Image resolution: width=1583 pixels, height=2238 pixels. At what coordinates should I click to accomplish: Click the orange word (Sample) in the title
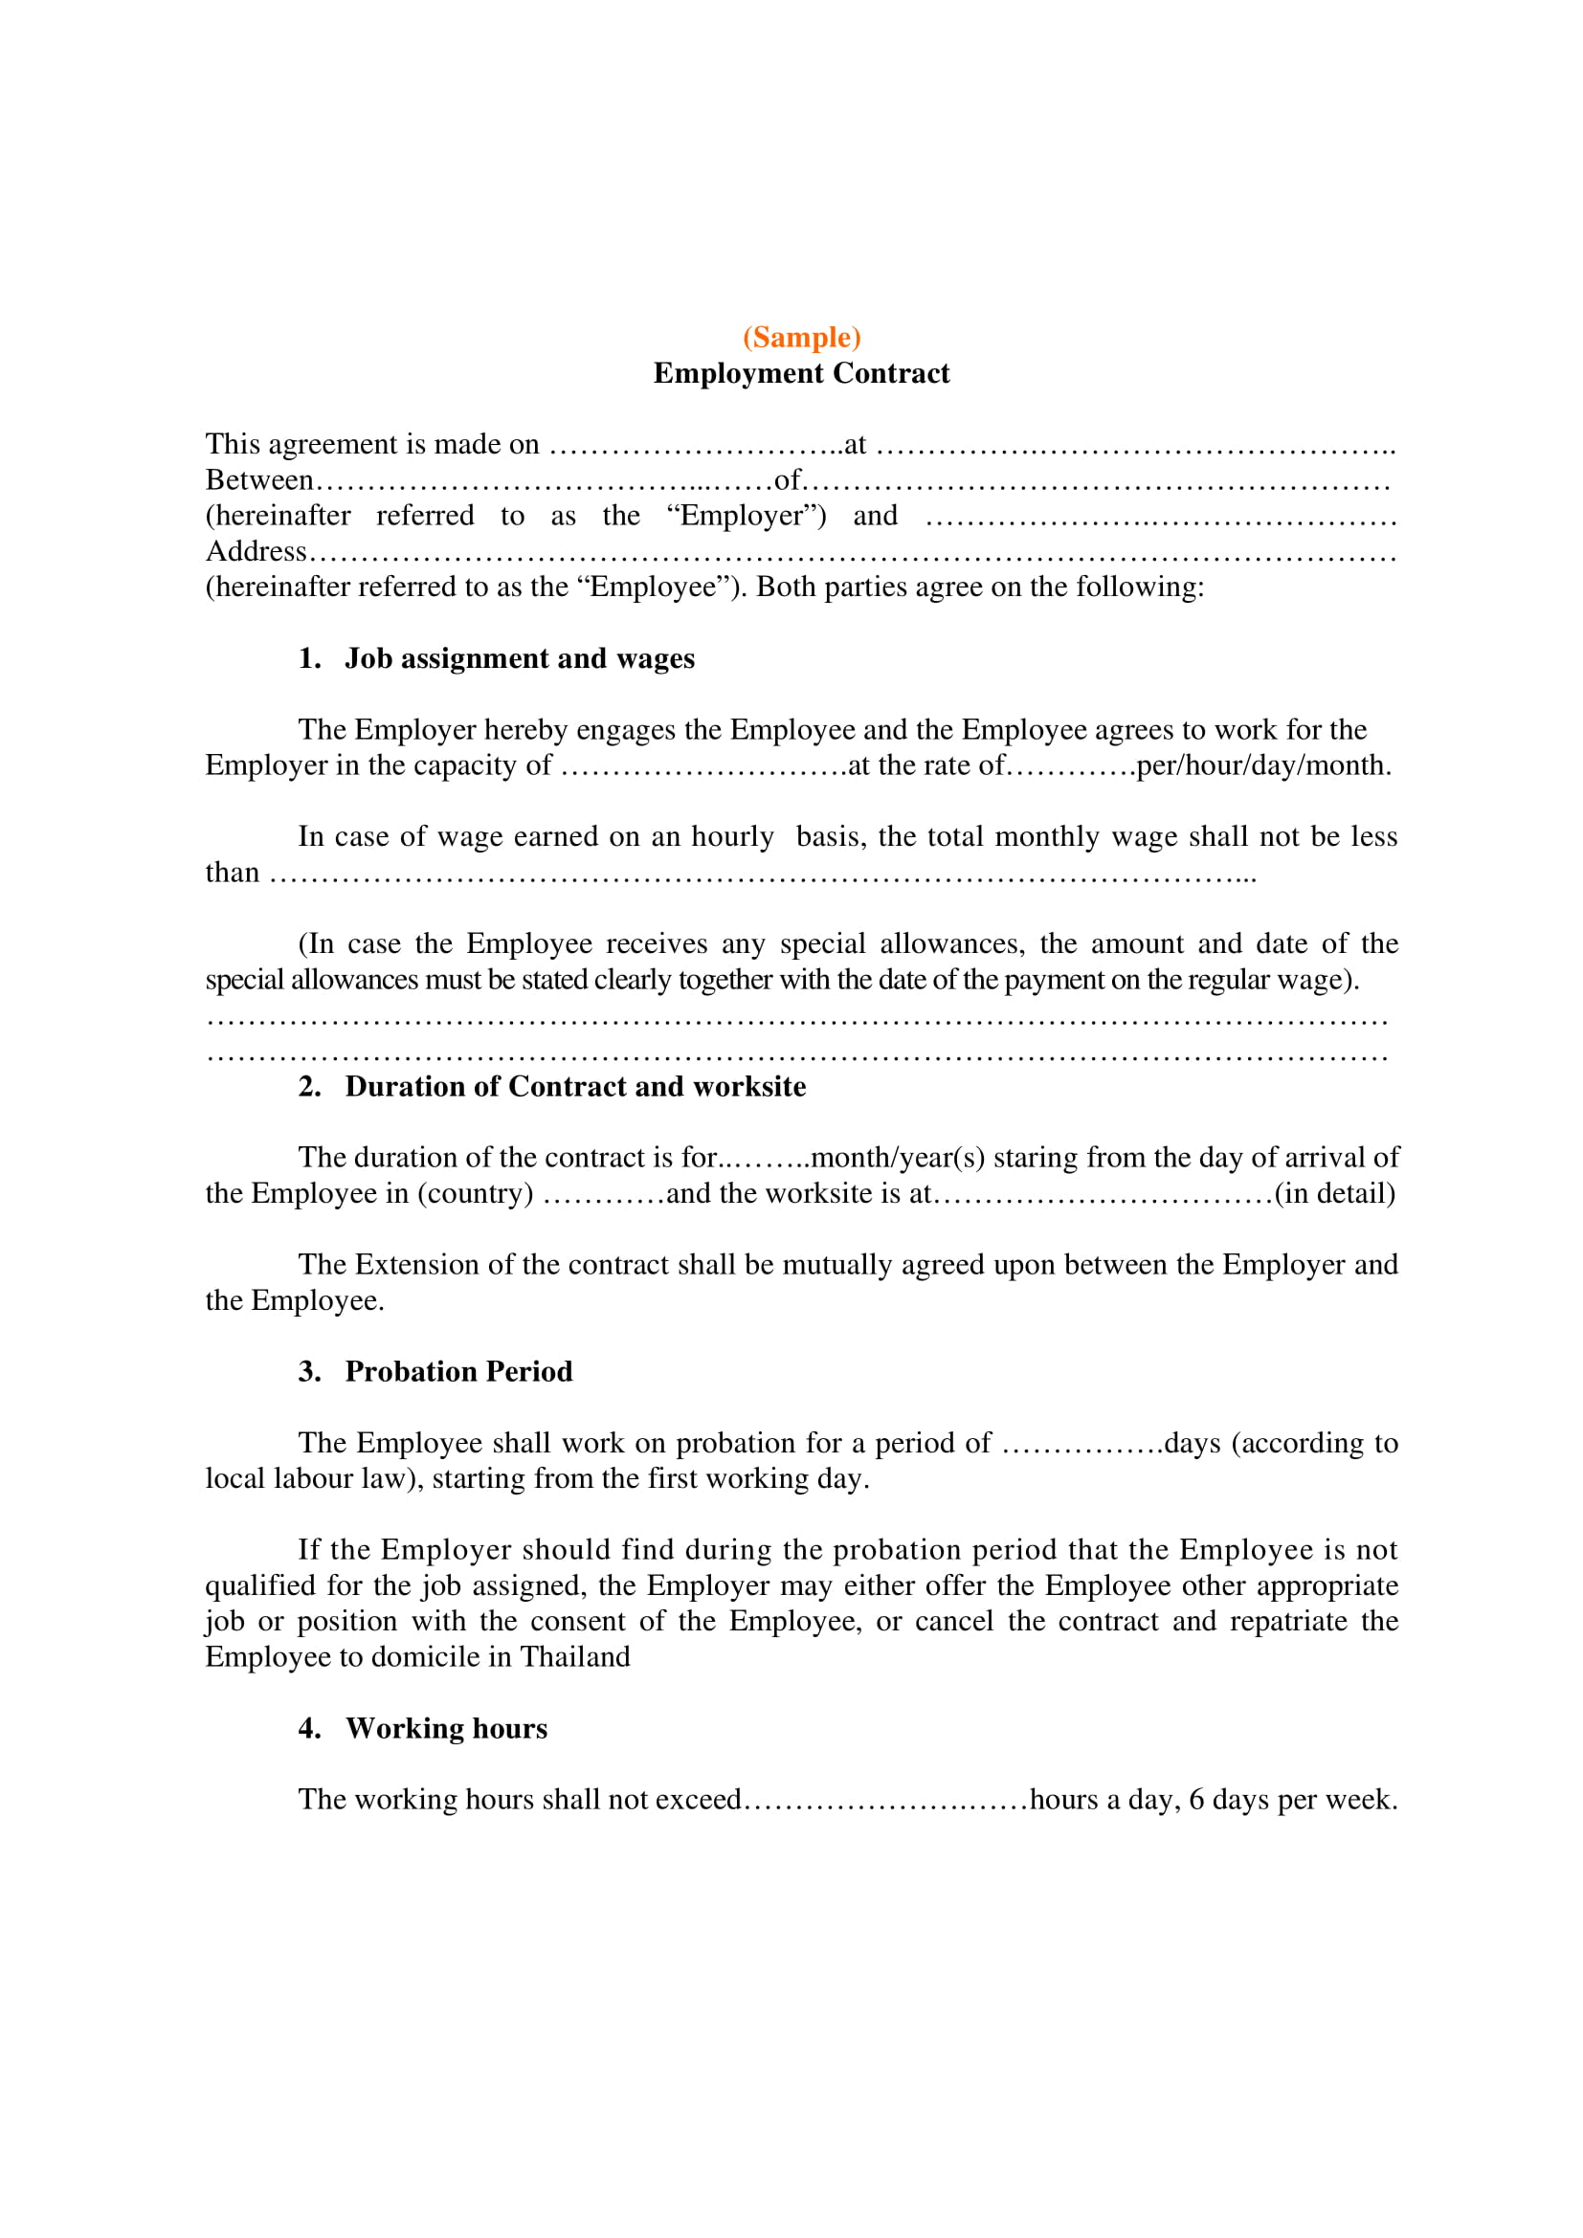[801, 337]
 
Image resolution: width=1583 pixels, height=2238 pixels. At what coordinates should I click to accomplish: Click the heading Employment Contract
[801, 373]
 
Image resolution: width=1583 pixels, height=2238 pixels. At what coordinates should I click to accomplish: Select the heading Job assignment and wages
[520, 659]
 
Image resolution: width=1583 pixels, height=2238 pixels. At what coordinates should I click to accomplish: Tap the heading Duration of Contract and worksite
[575, 1087]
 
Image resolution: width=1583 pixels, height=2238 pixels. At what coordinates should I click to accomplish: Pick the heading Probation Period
[458, 1371]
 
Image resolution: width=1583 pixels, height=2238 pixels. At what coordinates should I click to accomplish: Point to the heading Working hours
[446, 1728]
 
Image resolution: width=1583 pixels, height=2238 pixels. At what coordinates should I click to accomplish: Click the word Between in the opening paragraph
[259, 480]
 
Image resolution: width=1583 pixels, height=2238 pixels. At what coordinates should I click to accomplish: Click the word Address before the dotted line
[256, 552]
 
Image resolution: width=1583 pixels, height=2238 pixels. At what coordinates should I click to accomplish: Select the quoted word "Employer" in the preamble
[747, 516]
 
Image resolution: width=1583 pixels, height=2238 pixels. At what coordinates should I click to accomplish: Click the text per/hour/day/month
[1263, 765]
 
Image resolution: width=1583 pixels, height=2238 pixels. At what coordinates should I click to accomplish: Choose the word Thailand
[575, 1657]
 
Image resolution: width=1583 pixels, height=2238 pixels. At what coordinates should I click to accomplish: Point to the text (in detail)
[1335, 1194]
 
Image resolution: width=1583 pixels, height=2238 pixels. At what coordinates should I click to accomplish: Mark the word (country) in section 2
[476, 1194]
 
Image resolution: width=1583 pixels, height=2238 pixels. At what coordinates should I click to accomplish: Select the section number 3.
[309, 1371]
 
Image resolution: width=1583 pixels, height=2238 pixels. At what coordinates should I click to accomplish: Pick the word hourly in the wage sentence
[732, 836]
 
